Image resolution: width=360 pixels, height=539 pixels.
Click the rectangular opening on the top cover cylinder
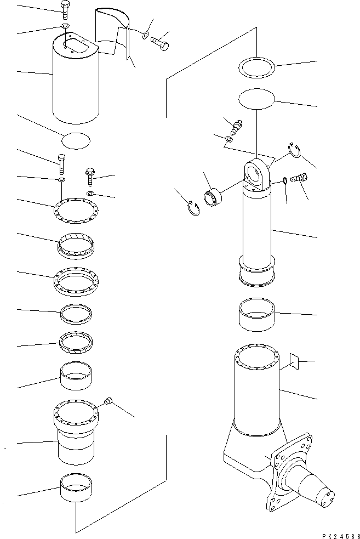coord(75,43)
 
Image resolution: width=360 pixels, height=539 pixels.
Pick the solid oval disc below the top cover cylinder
coord(76,140)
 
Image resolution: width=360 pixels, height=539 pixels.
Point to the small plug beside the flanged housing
coord(108,402)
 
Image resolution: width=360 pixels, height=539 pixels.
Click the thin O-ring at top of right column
coord(256,69)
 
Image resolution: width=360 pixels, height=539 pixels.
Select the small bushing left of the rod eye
coord(213,196)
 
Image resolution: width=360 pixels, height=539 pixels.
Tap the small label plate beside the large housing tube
coord(294,360)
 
